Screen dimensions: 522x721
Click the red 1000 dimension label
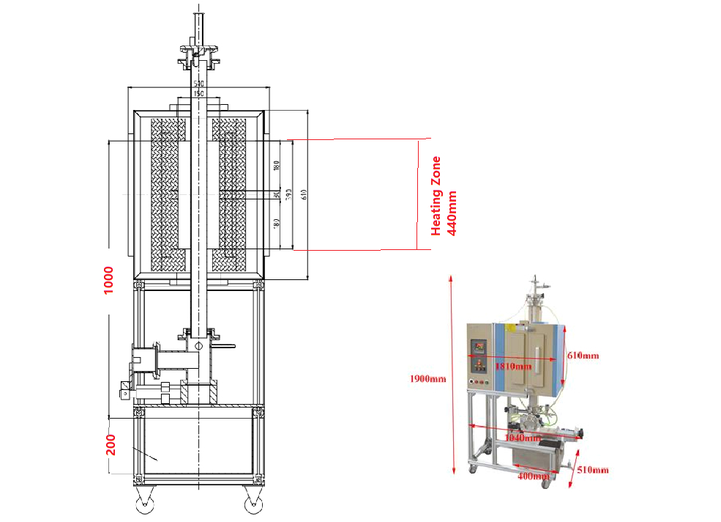click(x=109, y=280)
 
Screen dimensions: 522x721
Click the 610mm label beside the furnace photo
click(x=583, y=356)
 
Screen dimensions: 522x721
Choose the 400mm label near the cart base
click(x=534, y=477)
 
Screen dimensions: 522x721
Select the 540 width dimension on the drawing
click(x=198, y=84)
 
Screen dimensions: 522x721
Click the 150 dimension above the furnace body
click(x=198, y=94)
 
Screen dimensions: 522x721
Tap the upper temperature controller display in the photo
click(x=477, y=345)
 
